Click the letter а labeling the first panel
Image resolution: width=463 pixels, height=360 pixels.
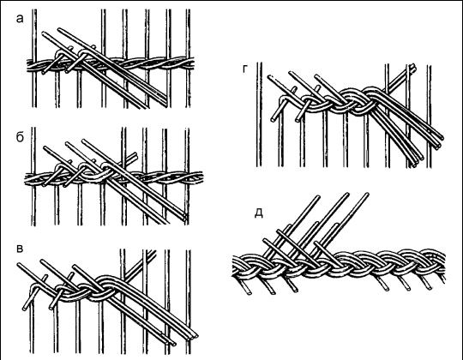20,19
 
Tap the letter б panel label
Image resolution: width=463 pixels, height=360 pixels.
20,137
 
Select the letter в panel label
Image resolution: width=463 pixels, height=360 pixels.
20,249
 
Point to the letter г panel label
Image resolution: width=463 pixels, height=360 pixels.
244,69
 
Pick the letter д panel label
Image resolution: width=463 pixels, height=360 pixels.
259,213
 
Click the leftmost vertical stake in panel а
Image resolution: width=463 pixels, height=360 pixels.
34,58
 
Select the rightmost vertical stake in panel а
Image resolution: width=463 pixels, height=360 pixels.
188,58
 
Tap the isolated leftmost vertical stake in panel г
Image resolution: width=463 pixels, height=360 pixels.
259,115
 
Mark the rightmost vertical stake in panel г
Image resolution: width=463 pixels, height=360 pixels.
429,116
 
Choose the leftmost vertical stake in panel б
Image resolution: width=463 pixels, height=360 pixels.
33,177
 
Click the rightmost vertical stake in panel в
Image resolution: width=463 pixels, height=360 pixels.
188,301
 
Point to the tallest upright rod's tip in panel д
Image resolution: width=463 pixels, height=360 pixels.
367,195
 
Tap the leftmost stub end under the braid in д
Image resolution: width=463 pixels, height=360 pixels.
250,293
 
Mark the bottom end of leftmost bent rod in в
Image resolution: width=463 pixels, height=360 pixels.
25,309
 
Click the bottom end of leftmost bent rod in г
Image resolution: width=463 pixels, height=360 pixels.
273,120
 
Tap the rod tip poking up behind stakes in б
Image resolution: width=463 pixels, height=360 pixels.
135,154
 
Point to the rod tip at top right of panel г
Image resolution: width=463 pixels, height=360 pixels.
413,66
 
